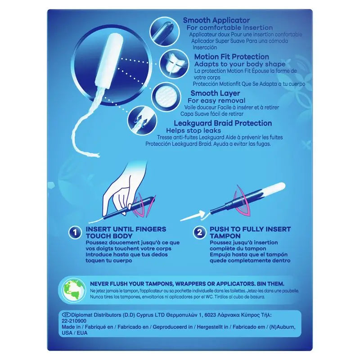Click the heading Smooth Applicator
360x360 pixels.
[x=216, y=20]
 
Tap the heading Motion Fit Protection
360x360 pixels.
[x=231, y=57]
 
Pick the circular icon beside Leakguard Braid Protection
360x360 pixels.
[x=139, y=119]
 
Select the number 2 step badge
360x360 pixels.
[x=198, y=233]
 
